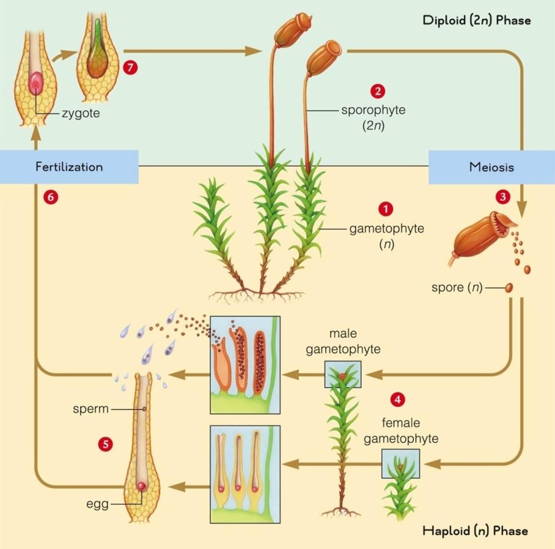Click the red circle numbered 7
[129, 67]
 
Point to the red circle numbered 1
[385, 208]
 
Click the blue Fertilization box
[69, 166]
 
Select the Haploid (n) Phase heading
[475, 530]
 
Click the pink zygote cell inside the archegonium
[36, 82]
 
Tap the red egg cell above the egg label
[141, 486]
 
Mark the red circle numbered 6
[51, 196]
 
